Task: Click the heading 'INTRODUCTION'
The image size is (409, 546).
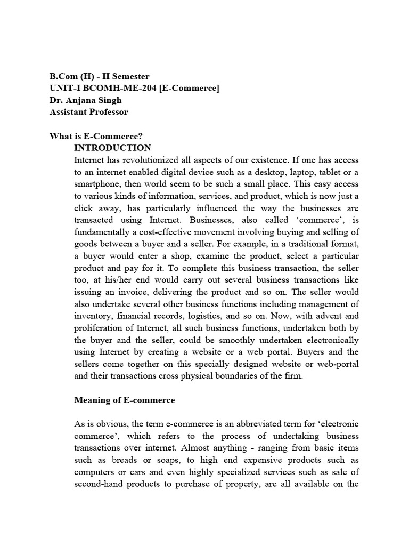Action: [x=112, y=148]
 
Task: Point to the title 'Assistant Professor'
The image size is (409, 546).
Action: [x=88, y=111]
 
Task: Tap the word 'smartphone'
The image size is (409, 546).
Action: [x=96, y=183]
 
